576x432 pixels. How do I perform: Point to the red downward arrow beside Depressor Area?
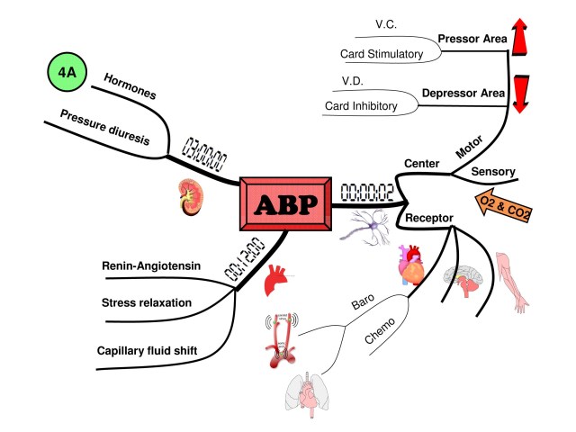tap(520, 93)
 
